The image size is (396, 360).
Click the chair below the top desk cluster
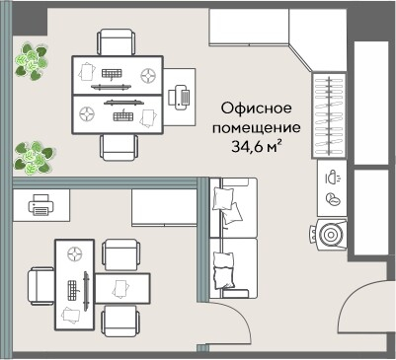[118, 145]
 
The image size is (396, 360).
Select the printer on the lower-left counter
[40, 206]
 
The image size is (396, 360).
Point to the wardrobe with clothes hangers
[329, 116]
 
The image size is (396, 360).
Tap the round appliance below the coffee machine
[331, 235]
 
